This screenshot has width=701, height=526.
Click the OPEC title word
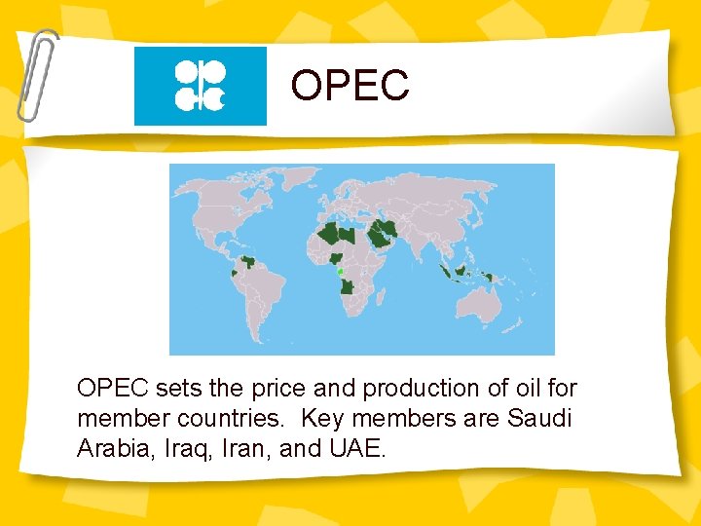(x=350, y=86)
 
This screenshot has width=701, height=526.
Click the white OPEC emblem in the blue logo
(x=200, y=85)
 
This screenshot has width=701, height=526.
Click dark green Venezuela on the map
(x=250, y=262)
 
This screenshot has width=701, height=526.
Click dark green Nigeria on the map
(x=336, y=258)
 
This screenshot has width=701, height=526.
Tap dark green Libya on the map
(x=352, y=234)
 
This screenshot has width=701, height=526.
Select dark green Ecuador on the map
(x=234, y=274)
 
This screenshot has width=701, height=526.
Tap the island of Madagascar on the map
(x=383, y=302)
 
